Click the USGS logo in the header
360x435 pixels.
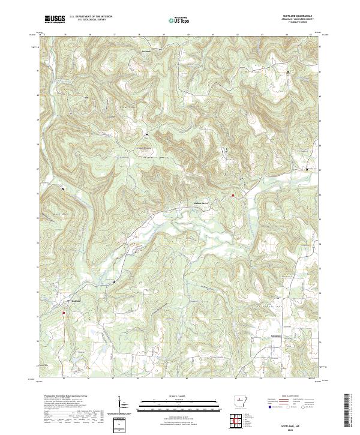(55, 19)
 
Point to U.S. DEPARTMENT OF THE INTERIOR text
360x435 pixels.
(90, 16)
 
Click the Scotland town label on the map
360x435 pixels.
(76, 302)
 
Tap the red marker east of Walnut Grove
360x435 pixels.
(232, 195)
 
